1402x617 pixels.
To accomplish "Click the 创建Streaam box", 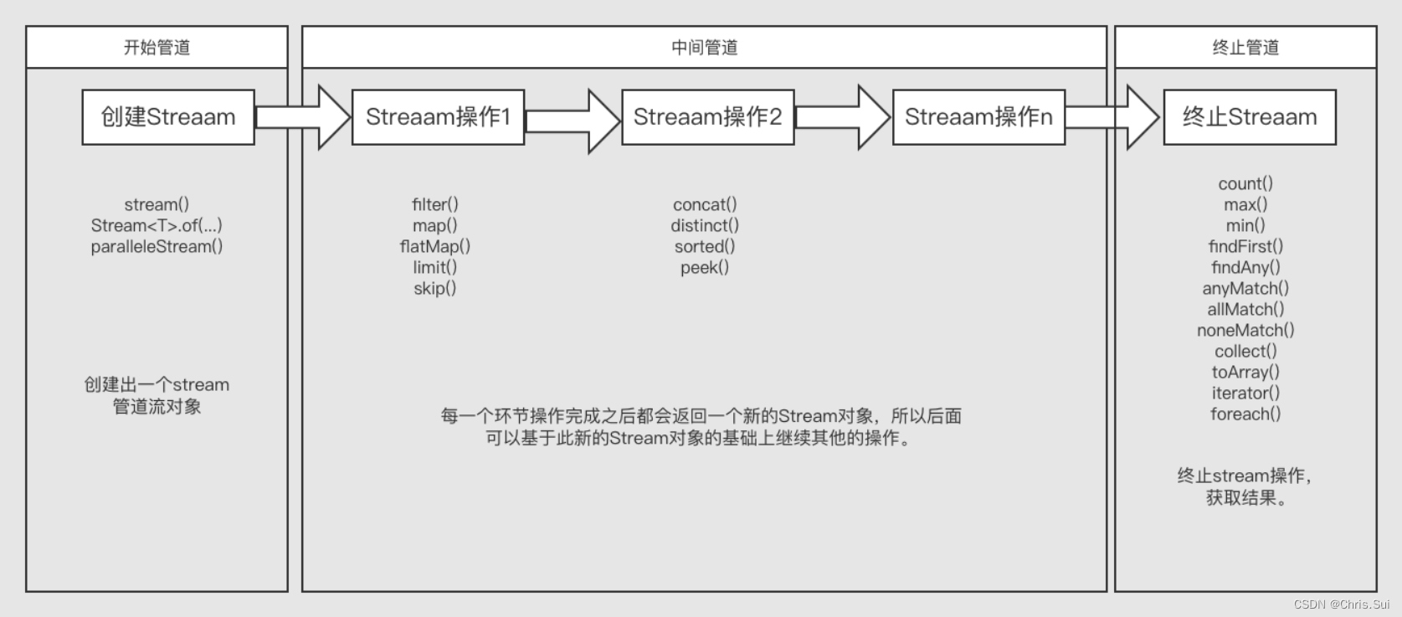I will pos(168,117).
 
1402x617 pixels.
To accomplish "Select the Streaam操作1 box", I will pos(438,117).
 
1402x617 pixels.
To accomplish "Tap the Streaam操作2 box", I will pos(707,117).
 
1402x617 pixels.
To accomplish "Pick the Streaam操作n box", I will pos(978,117).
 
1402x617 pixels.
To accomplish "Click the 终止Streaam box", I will pos(1249,117).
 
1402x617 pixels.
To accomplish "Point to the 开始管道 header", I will pos(157,48).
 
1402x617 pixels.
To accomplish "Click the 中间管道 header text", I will pos(704,48).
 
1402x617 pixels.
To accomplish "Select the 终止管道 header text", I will pos(1245,48).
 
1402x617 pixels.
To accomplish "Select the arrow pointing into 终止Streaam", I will pos(1114,117).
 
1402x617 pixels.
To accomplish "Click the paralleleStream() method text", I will pos(157,246).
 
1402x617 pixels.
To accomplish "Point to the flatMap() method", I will pos(435,246).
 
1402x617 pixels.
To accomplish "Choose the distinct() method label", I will pos(705,225).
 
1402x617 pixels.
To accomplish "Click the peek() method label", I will pos(705,267).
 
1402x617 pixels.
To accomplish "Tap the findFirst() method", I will pos(1245,246).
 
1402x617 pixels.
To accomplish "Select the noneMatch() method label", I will pos(1245,330).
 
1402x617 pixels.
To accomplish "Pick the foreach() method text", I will pos(1245,414).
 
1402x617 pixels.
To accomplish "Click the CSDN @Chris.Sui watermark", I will pos(1341,604).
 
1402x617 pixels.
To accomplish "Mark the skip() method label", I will pos(435,288).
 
